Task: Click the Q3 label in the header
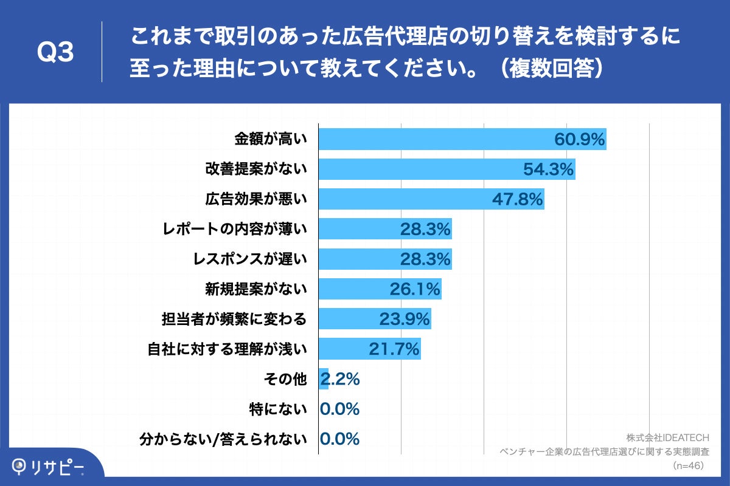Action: (x=55, y=53)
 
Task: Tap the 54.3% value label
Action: (x=548, y=169)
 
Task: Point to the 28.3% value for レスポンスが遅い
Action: (x=425, y=259)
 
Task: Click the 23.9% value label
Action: (x=405, y=319)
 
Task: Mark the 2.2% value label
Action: (x=340, y=379)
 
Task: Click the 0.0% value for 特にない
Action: (x=340, y=409)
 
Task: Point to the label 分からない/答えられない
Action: (x=223, y=439)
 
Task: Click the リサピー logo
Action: (x=49, y=467)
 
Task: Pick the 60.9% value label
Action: (x=579, y=140)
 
